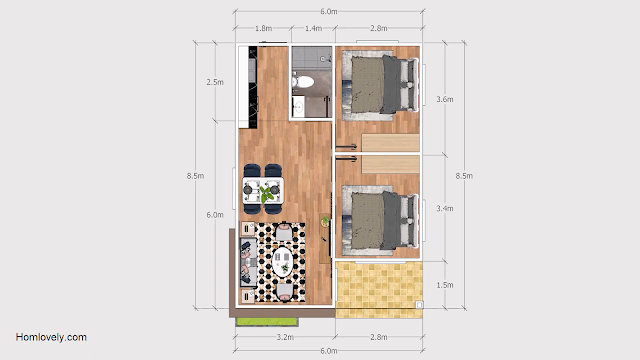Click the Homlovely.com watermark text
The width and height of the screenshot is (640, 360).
click(51, 337)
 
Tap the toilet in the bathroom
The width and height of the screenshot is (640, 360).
click(303, 82)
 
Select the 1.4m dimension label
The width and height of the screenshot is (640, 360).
click(313, 28)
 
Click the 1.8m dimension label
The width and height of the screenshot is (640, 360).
click(263, 28)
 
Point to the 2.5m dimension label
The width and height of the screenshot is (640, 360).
click(215, 82)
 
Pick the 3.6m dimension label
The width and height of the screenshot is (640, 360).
click(444, 99)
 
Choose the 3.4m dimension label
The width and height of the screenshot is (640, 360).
click(444, 209)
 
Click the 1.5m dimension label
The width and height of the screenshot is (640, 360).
click(444, 285)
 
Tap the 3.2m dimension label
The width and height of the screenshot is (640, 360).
click(285, 337)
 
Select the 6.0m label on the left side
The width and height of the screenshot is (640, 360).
click(215, 215)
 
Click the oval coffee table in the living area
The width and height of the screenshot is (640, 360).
click(282, 262)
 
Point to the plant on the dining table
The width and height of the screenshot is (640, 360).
click(267, 193)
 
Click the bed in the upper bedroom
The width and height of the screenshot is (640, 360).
click(384, 84)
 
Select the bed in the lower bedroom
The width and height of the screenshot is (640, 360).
click(384, 220)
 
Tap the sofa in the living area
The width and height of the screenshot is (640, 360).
click(248, 262)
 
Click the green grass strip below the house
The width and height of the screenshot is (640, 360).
click(267, 322)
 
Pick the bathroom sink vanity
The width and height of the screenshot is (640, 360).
click(298, 107)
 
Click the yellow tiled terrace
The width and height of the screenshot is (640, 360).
click(379, 290)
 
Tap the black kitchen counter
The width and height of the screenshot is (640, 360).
click(253, 87)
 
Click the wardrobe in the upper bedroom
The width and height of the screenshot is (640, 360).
click(390, 142)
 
